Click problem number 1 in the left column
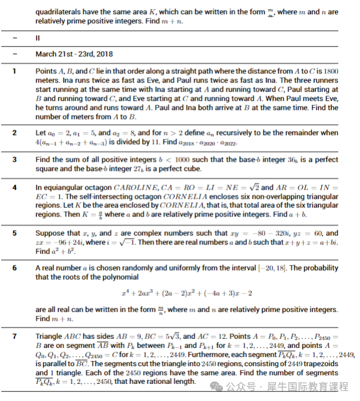[x=15, y=71]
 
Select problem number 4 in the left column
[x=15, y=187]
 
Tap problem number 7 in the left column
[x=15, y=337]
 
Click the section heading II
[x=37, y=38]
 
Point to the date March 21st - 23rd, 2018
[x=74, y=55]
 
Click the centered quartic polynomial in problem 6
[x=187, y=293]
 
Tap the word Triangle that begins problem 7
[x=49, y=337]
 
